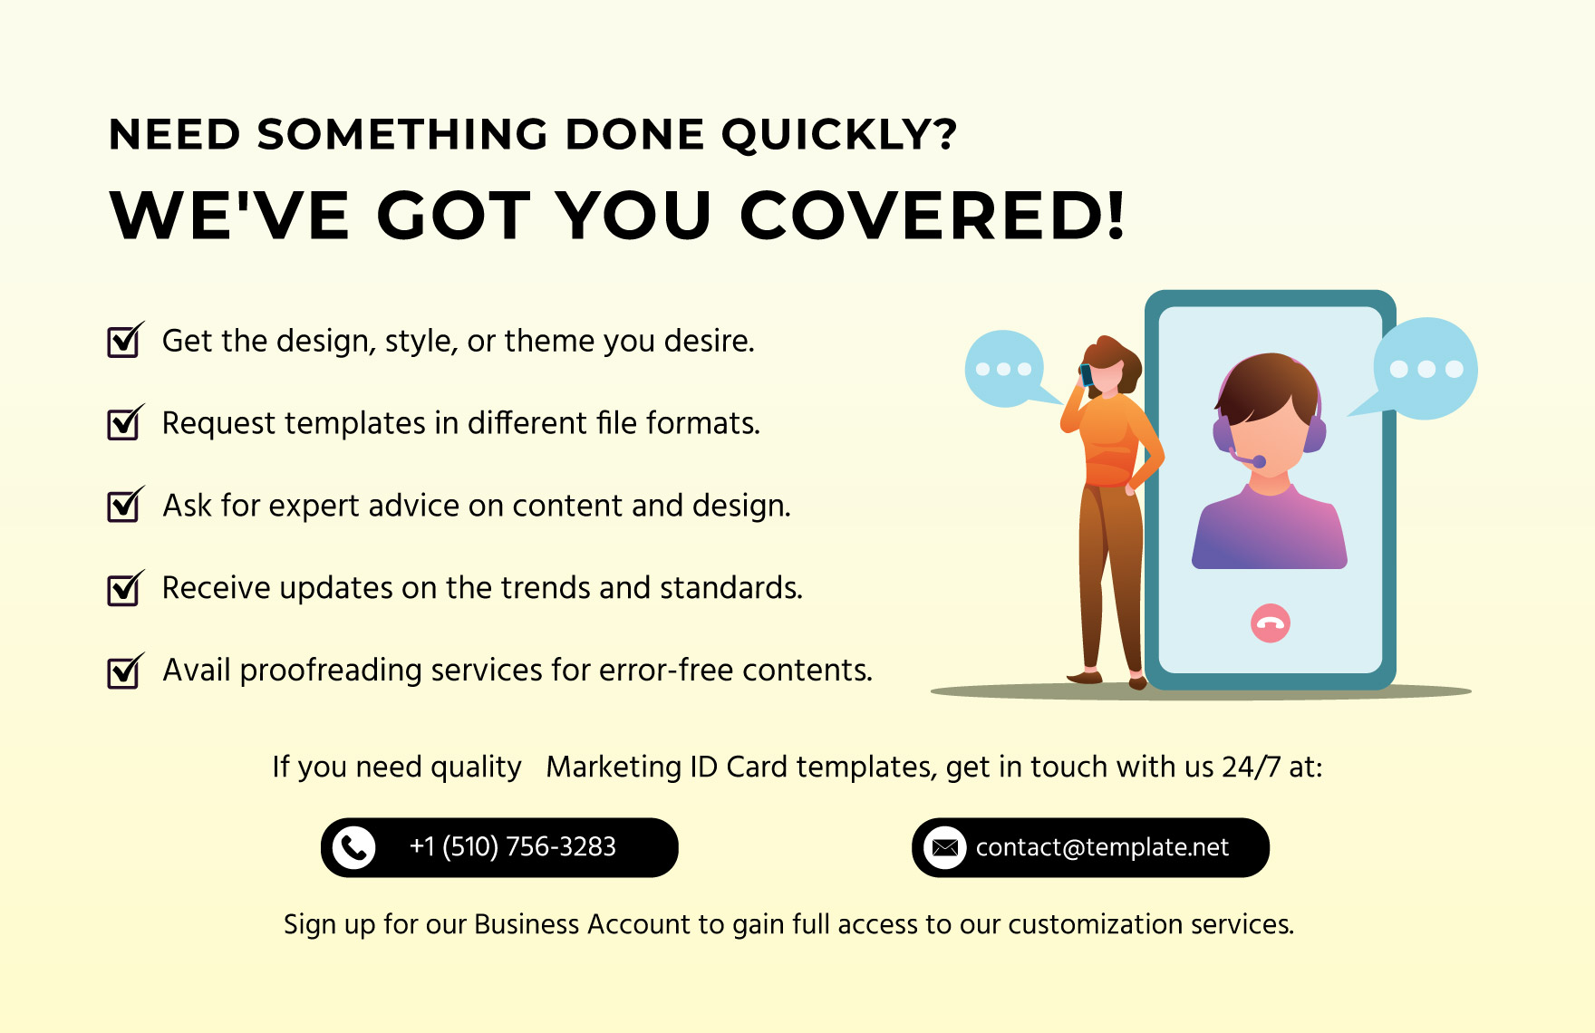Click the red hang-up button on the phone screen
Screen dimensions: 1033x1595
click(x=1270, y=623)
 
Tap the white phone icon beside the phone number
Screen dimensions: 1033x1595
click(x=353, y=848)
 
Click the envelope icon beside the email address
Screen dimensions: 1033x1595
click(x=944, y=848)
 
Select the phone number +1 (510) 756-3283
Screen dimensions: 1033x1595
click(x=512, y=847)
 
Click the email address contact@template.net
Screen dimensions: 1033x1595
click(x=1102, y=847)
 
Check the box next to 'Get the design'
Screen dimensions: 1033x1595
click(x=123, y=343)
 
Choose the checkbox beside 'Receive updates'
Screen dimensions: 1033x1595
click(x=123, y=590)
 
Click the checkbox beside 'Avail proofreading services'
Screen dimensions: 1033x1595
click(x=123, y=672)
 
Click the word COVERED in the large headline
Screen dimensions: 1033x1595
click(x=933, y=217)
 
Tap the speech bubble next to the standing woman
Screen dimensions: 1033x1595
click(x=1004, y=368)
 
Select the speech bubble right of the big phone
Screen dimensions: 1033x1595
click(x=1426, y=368)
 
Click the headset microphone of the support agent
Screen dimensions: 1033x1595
click(x=1258, y=462)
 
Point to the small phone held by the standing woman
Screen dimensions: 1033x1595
click(x=1086, y=374)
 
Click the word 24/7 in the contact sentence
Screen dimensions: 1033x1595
click(x=1251, y=768)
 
